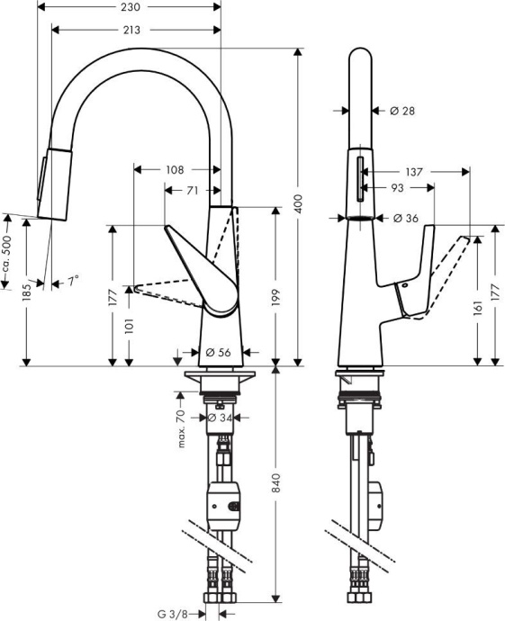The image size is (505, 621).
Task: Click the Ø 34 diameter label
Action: point(221,418)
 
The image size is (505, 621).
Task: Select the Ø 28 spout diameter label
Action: point(402,111)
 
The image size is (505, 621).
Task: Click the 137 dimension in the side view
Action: point(413,170)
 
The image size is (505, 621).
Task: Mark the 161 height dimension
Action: point(478,308)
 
